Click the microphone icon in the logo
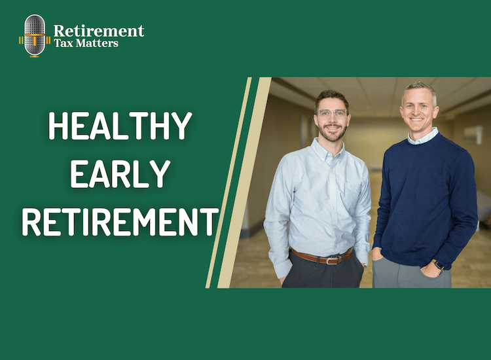click(x=35, y=35)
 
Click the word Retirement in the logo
click(x=98, y=30)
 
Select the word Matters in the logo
click(x=98, y=43)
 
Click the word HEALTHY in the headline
click(x=120, y=127)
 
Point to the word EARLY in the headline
click(x=120, y=174)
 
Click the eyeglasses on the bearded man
click(x=332, y=113)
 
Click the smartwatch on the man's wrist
click(x=439, y=265)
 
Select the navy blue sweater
click(x=422, y=196)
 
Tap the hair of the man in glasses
click(x=332, y=96)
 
